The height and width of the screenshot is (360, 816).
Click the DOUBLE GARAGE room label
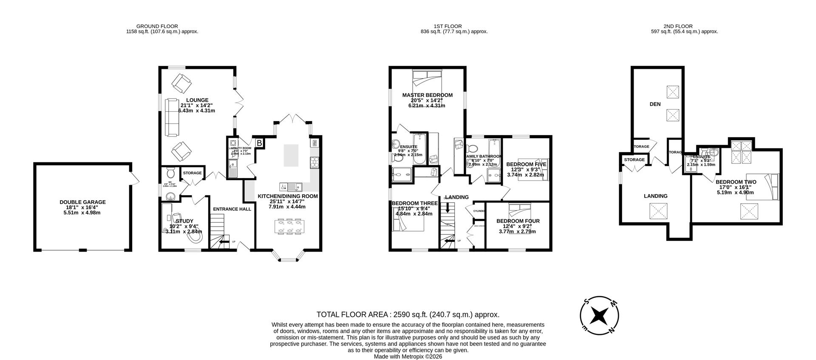(x=82, y=202)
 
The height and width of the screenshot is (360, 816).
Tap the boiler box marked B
(x=259, y=143)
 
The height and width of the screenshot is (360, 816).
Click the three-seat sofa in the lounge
(x=172, y=117)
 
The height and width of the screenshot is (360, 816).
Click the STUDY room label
(x=184, y=221)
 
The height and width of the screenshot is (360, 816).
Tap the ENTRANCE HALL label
(x=232, y=209)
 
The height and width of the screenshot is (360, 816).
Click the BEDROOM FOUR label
(x=518, y=221)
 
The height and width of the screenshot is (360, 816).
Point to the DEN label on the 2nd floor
(x=655, y=104)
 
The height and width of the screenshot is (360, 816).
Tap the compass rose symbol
(x=599, y=315)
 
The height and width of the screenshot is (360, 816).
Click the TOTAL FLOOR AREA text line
(x=408, y=315)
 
